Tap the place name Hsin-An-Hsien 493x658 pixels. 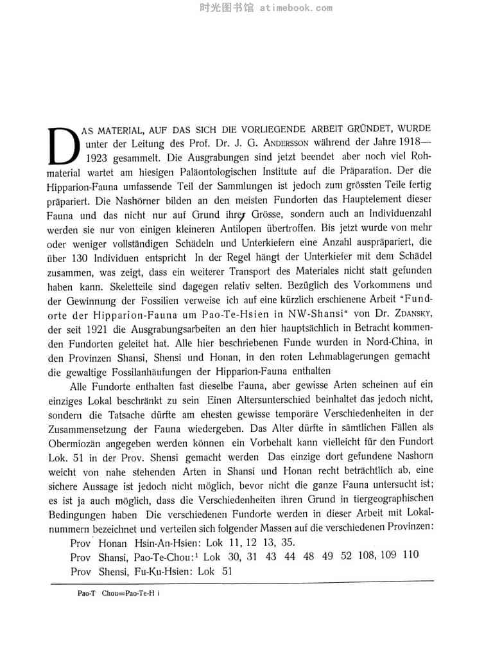[x=161, y=542]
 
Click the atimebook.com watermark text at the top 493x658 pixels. [x=297, y=8]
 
